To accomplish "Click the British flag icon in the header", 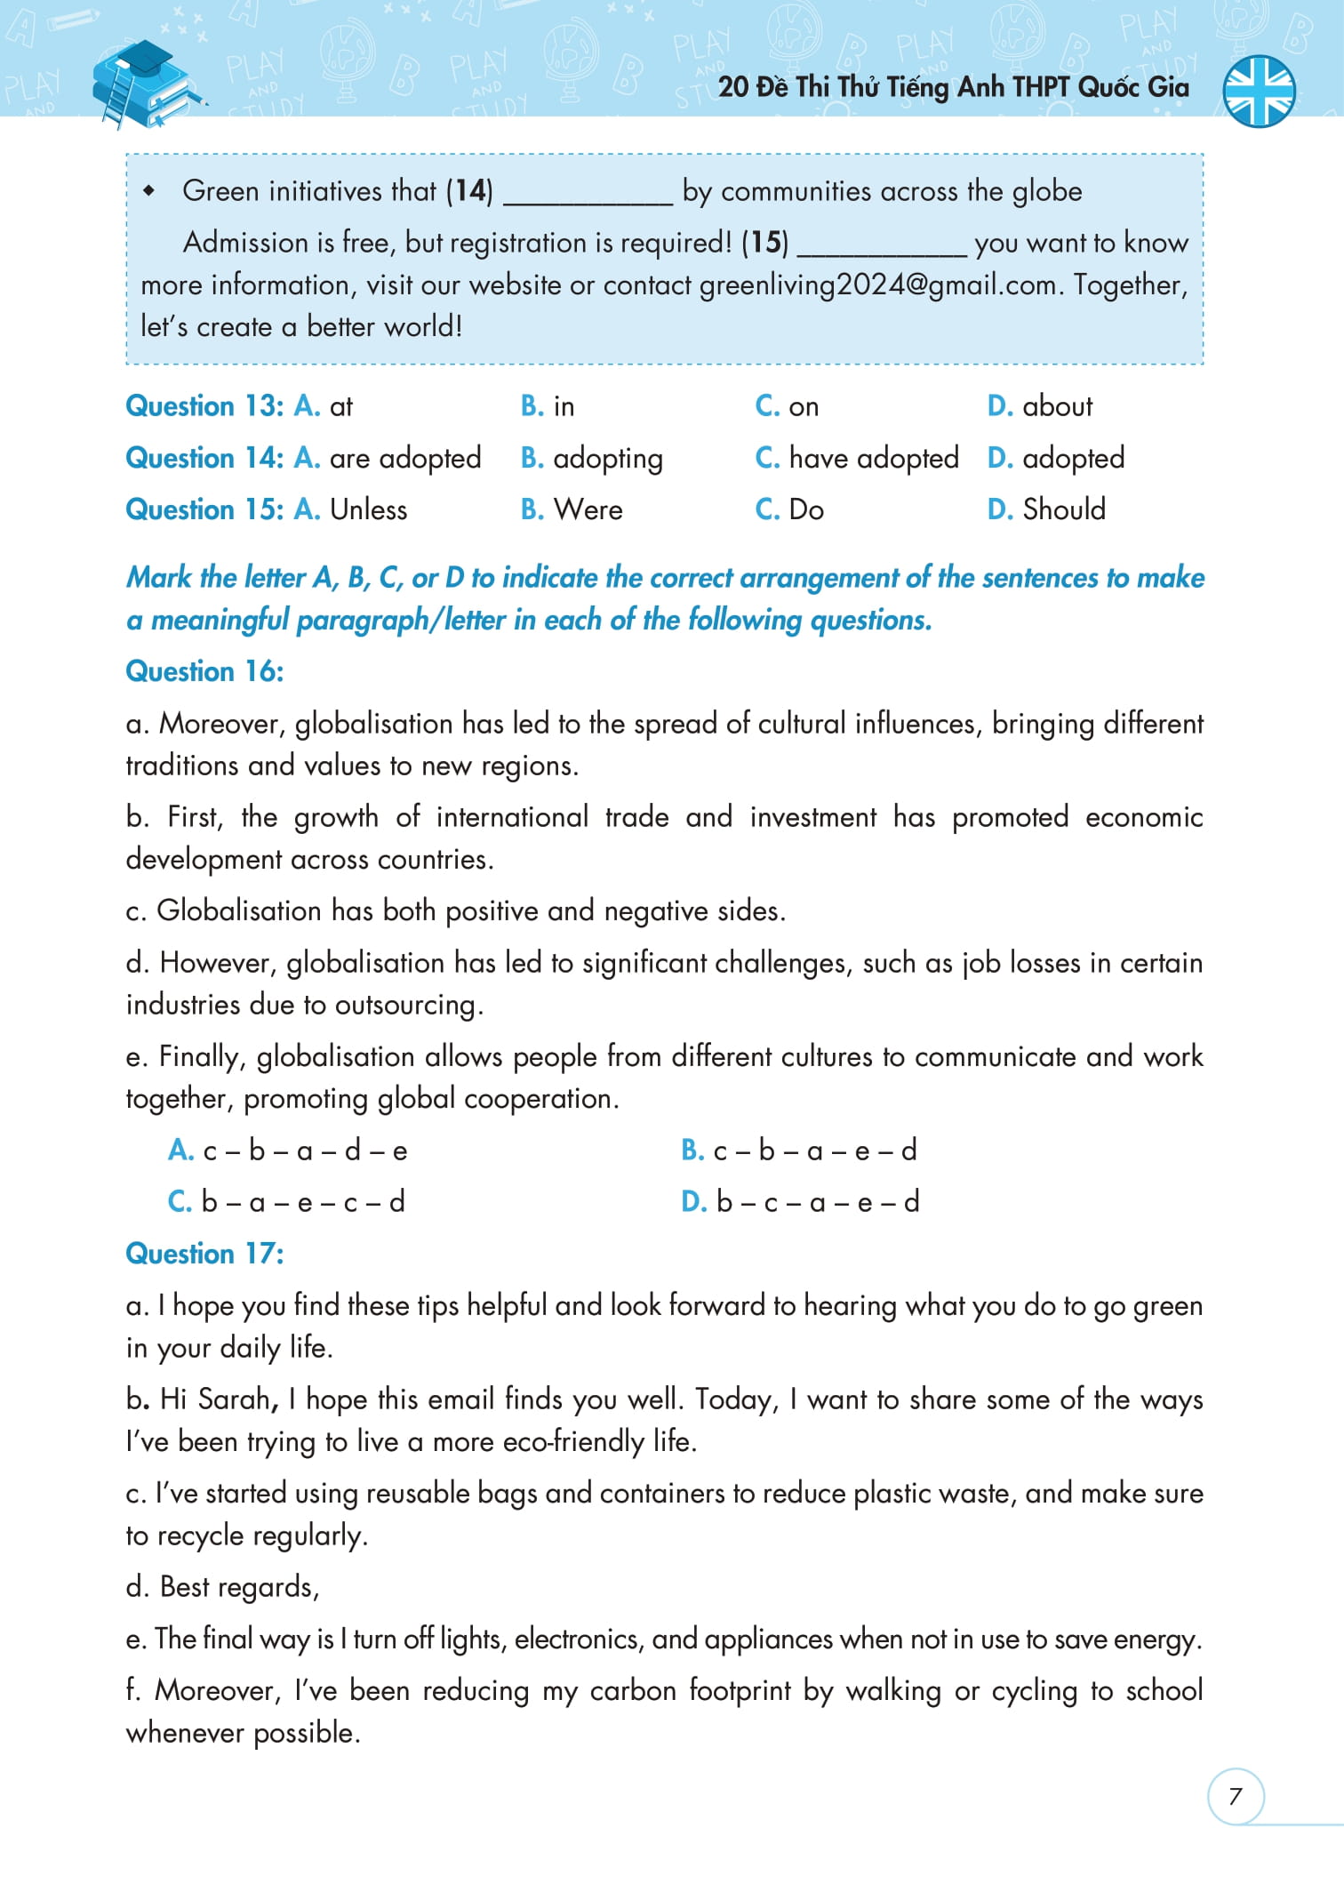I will [x=1259, y=91].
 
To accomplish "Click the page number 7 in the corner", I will [x=1235, y=1796].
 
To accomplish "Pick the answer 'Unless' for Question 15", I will [x=368, y=509].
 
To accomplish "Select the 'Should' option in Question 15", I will [x=1063, y=509].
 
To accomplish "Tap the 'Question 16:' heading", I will [x=204, y=671].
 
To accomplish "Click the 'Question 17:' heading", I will [x=204, y=1254].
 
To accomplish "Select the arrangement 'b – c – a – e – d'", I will [x=817, y=1202].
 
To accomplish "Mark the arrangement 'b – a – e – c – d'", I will [x=302, y=1202].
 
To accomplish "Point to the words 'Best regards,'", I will [x=238, y=1587].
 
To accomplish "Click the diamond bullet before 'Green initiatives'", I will [x=149, y=191].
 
